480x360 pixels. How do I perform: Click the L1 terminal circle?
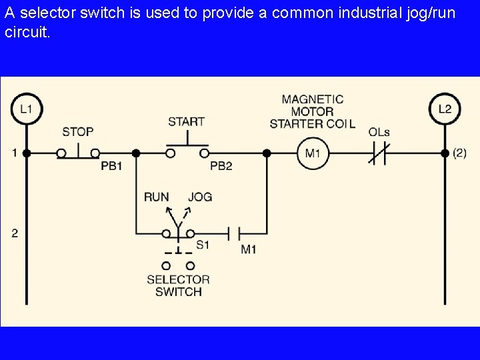(26, 109)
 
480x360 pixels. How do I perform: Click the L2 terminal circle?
(445, 109)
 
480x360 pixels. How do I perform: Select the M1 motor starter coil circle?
(313, 153)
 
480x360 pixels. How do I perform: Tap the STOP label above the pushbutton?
(78, 132)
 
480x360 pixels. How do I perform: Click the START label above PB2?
(186, 121)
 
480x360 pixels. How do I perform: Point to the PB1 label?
(111, 166)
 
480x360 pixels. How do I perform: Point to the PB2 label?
(221, 166)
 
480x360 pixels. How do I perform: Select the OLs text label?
(379, 132)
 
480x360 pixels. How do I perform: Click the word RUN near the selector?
(156, 197)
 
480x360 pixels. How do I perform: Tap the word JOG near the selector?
(200, 197)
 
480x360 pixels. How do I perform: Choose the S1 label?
(203, 245)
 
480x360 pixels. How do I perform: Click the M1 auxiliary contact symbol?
(234, 233)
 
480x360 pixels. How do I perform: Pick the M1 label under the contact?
(249, 249)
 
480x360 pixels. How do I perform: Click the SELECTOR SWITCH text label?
(178, 285)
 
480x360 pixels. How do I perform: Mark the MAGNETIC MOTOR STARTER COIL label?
(312, 111)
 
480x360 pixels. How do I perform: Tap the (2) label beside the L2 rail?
(459, 153)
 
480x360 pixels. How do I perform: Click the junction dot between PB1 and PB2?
(136, 153)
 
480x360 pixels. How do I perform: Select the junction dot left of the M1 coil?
(267, 153)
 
